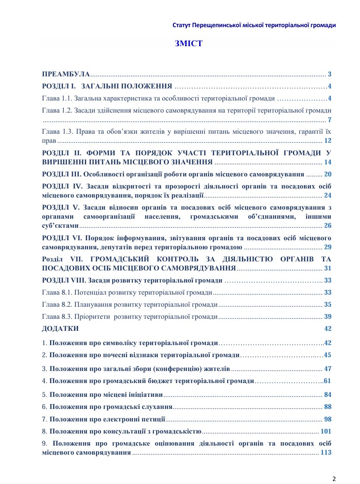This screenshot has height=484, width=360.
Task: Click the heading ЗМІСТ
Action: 188,44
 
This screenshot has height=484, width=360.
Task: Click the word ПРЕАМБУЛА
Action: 66,74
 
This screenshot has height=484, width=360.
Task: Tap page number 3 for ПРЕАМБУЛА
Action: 329,74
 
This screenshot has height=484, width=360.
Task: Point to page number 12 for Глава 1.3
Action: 328,141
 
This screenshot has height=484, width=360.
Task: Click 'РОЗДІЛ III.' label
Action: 62,175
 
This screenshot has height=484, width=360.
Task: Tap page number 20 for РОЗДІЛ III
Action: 328,175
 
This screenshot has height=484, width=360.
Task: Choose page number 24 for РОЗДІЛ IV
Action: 328,195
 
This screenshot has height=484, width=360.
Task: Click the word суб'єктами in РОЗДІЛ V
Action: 60,226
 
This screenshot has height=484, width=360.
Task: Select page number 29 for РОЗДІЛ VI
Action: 328,247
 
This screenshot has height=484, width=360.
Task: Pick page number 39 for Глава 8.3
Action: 328,317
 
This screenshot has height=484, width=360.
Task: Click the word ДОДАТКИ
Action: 60,329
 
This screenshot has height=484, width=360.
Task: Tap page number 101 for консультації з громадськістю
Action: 326,431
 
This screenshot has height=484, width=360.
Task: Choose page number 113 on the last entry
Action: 326,453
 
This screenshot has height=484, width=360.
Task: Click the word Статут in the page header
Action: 181,25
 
